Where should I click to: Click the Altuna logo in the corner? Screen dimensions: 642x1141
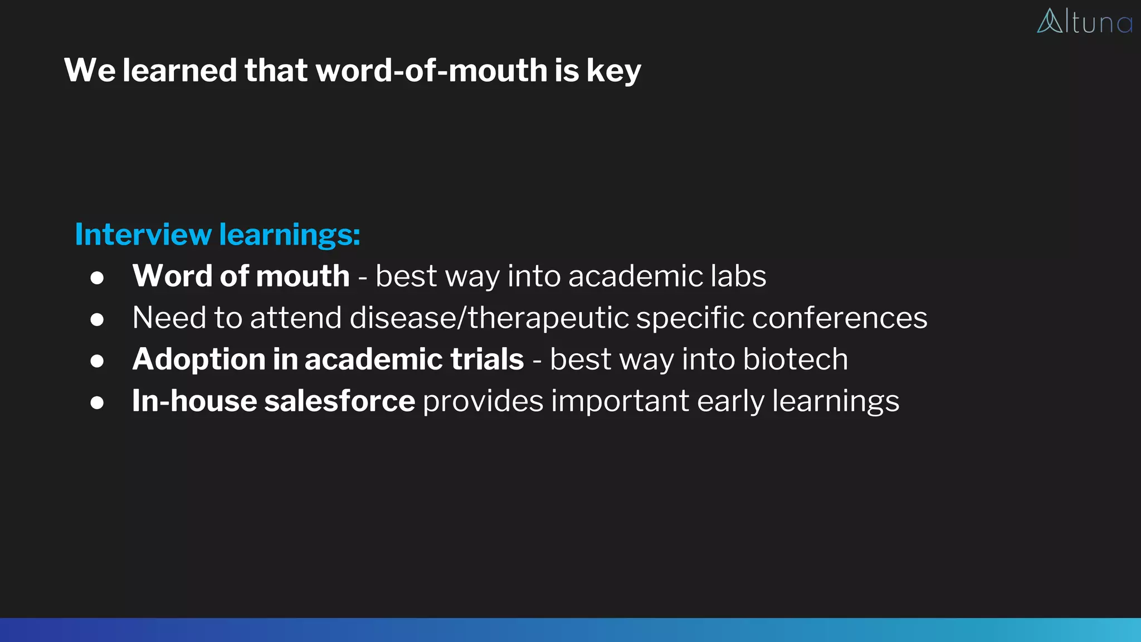pyautogui.click(x=1084, y=22)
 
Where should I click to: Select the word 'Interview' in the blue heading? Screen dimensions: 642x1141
pyautogui.click(x=143, y=234)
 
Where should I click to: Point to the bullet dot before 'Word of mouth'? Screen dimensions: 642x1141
pyautogui.click(x=97, y=278)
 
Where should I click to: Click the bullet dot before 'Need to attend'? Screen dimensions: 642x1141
pyautogui.click(x=97, y=319)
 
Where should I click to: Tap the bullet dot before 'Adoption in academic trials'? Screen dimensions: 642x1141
pyautogui.click(x=97, y=361)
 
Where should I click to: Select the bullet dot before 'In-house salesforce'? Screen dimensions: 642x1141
pyautogui.click(x=97, y=402)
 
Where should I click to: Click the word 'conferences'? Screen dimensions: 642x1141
pyautogui.click(x=840, y=318)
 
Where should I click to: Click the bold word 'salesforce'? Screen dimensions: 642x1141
pyautogui.click(x=339, y=401)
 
